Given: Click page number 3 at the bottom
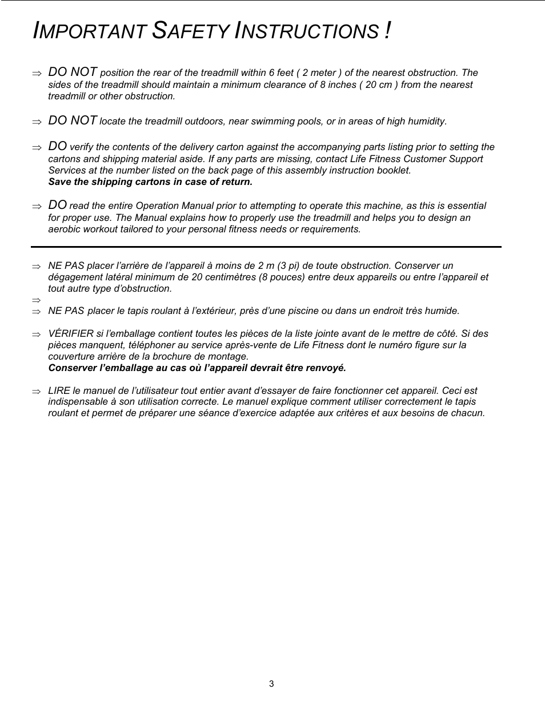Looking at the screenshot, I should point(271,684).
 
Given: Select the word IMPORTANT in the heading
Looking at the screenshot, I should point(90,31).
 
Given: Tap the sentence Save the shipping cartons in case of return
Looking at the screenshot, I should point(150,182).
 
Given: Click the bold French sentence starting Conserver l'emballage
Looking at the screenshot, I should point(197,368).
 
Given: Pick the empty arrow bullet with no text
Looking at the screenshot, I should point(37,300).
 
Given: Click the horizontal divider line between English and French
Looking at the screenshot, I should point(266,247).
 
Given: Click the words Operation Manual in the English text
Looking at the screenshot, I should point(171,206).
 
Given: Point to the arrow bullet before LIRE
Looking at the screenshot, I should point(37,392).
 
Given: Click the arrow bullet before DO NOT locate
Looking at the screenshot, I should point(37,122).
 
